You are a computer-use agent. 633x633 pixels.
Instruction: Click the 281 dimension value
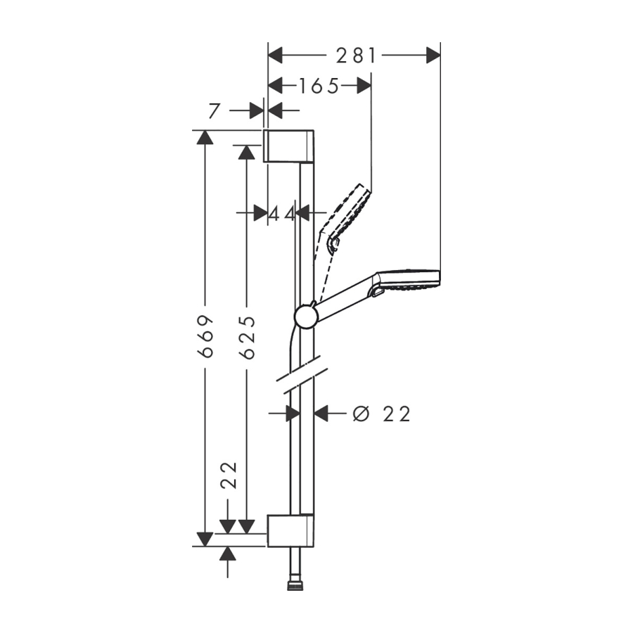[357, 56]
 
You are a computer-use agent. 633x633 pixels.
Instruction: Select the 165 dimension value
[319, 86]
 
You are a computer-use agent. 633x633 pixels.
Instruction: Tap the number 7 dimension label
[215, 110]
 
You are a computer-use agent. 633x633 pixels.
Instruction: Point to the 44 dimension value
[282, 214]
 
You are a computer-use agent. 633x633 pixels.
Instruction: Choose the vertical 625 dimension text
[247, 337]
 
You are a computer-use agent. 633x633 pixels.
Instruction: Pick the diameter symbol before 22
[362, 414]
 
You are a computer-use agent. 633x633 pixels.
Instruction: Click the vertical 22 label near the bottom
[230, 475]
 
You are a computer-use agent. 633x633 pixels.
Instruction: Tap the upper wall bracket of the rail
[288, 146]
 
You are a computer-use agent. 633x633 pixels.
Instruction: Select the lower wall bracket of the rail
[290, 530]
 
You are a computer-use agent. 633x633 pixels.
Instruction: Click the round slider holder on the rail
[307, 316]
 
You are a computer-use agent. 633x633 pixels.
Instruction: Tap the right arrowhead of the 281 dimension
[433, 55]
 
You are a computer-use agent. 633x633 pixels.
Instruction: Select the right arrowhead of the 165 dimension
[364, 86]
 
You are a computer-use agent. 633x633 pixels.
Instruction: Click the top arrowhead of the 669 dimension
[205, 137]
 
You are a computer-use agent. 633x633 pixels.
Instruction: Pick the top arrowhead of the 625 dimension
[246, 153]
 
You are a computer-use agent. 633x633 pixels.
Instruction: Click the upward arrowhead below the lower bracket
[228, 554]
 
